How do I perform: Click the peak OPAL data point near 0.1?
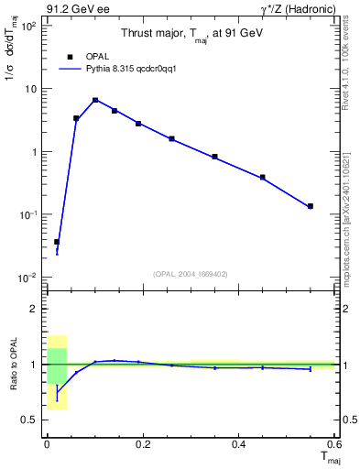coord(95,100)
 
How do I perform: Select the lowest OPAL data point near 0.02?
coord(57,242)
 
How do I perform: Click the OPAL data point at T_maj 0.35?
coord(214,157)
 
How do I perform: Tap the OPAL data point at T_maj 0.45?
coord(263,177)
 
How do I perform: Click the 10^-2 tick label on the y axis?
coord(28,278)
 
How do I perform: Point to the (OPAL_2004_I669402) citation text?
coord(191,273)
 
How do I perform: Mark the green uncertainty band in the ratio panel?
coord(57,365)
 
